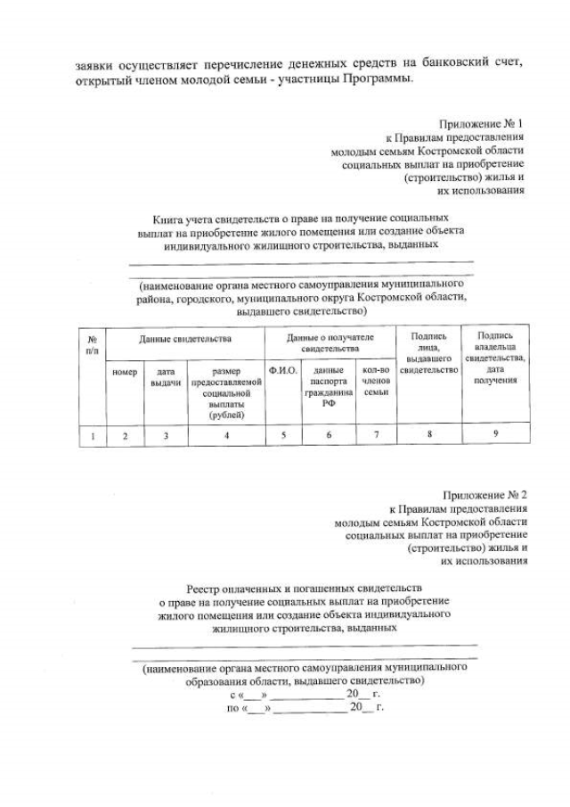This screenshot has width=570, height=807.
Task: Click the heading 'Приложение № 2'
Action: [x=484, y=494]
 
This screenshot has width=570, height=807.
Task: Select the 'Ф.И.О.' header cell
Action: [x=282, y=370]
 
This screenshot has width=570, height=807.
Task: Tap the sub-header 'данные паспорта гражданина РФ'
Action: [x=329, y=386]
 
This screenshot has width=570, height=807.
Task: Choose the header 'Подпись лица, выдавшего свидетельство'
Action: [x=428, y=353]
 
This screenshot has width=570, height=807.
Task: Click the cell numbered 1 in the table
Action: [x=92, y=435]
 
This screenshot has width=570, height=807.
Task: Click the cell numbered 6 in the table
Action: [x=329, y=435]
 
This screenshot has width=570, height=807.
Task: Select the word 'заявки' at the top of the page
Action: [x=94, y=64]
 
